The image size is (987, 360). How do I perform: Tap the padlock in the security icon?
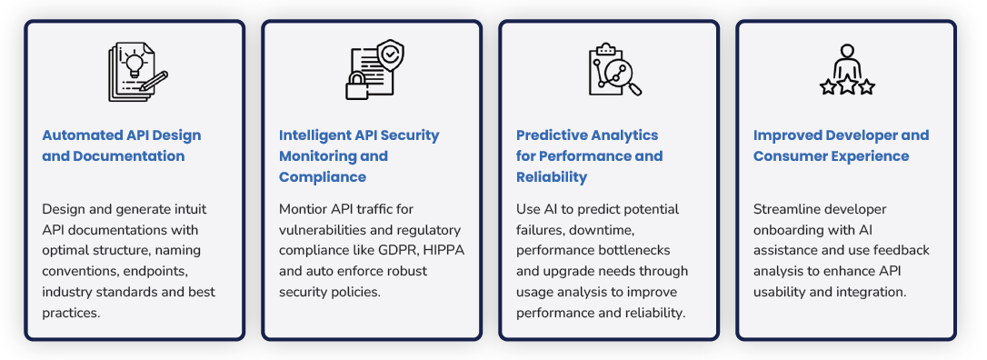(x=357, y=86)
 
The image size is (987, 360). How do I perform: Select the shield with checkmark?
(x=389, y=55)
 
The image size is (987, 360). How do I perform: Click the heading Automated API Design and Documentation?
(x=121, y=145)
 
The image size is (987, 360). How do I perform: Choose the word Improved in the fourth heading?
(x=787, y=135)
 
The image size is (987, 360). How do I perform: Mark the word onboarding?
(x=791, y=230)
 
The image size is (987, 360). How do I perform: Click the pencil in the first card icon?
(x=154, y=79)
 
